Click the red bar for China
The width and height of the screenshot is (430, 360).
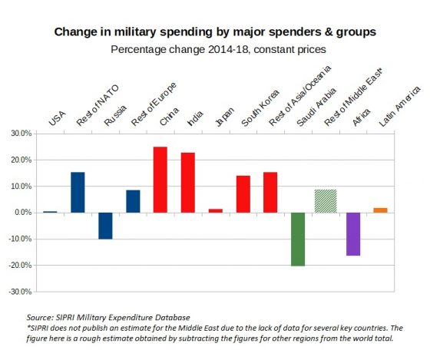point(160,180)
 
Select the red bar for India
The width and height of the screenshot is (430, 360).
point(188,183)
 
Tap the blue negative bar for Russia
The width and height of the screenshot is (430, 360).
point(105,226)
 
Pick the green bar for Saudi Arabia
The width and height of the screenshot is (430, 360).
point(298,239)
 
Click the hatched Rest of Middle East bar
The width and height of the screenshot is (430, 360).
point(326,201)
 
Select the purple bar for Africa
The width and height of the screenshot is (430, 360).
point(353,234)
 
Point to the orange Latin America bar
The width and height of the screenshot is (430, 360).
point(380,210)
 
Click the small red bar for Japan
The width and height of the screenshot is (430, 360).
point(216,211)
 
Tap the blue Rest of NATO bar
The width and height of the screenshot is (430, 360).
point(78,193)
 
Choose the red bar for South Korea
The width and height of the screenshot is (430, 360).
point(243,194)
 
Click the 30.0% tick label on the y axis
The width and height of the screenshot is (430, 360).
point(21,134)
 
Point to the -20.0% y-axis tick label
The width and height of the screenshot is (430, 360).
point(20,266)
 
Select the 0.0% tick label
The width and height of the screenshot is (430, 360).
point(23,213)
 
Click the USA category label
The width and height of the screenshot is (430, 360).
point(58,118)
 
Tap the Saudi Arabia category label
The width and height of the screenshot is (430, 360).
point(316,107)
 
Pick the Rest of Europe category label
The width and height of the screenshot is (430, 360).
point(154,104)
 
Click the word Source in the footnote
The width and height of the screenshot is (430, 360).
point(39,318)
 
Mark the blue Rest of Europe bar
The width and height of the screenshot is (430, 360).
point(133,202)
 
